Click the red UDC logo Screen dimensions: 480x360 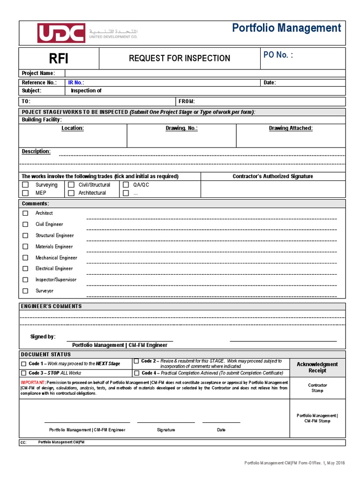[x=61, y=33]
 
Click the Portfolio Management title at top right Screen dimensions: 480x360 [x=286, y=28]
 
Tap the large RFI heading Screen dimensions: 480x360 [x=59, y=59]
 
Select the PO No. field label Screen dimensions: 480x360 [x=278, y=55]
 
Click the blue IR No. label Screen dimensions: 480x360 [x=76, y=82]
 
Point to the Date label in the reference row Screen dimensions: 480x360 [x=270, y=82]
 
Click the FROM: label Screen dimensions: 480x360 [x=187, y=101]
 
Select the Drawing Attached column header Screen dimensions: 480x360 [x=291, y=128]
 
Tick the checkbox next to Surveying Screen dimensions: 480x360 [x=26, y=185]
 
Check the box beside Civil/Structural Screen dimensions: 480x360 [x=71, y=185]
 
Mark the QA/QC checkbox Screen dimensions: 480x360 [x=126, y=185]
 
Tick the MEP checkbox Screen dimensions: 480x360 [x=26, y=193]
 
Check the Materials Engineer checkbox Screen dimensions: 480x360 [x=26, y=247]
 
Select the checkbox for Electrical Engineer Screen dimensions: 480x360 [x=26, y=269]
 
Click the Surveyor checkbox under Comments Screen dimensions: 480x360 [x=26, y=291]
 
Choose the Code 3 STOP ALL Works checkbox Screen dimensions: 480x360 [x=23, y=373]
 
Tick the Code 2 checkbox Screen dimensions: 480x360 [x=136, y=361]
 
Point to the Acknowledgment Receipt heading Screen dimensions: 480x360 [x=317, y=367]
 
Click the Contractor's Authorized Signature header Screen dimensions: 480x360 [x=273, y=176]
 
